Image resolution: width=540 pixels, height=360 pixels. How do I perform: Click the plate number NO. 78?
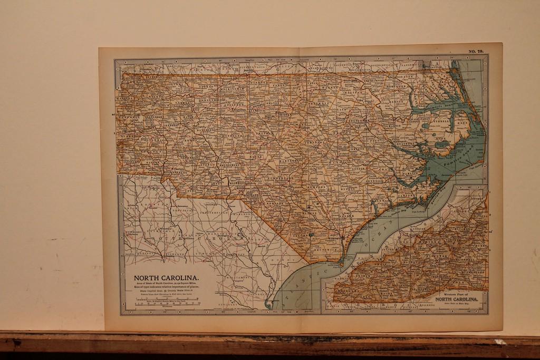(x=476, y=51)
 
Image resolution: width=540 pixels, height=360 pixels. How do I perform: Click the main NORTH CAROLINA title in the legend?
(x=166, y=278)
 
